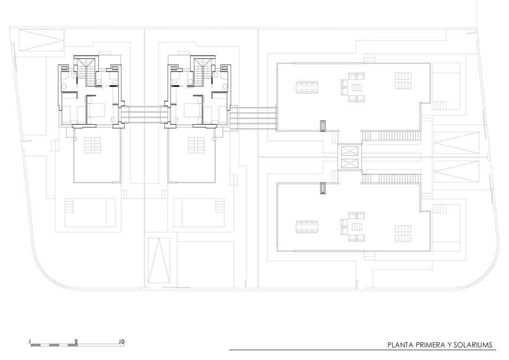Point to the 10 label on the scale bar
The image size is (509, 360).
coord(121,342)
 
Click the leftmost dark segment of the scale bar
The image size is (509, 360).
coord(36,345)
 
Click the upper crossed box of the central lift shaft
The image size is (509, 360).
coord(349,151)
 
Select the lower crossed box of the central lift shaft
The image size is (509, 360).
coord(349,163)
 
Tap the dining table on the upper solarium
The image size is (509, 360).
coord(307,87)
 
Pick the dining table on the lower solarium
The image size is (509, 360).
coord(307,226)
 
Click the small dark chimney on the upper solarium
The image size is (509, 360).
coord(322,126)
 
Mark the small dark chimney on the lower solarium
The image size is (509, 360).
coord(322,188)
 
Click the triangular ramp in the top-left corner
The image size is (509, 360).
coord(41,40)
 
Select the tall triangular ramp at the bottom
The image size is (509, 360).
coord(159,261)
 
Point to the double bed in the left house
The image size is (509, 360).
coord(97,110)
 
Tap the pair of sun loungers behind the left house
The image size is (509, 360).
coord(92,145)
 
